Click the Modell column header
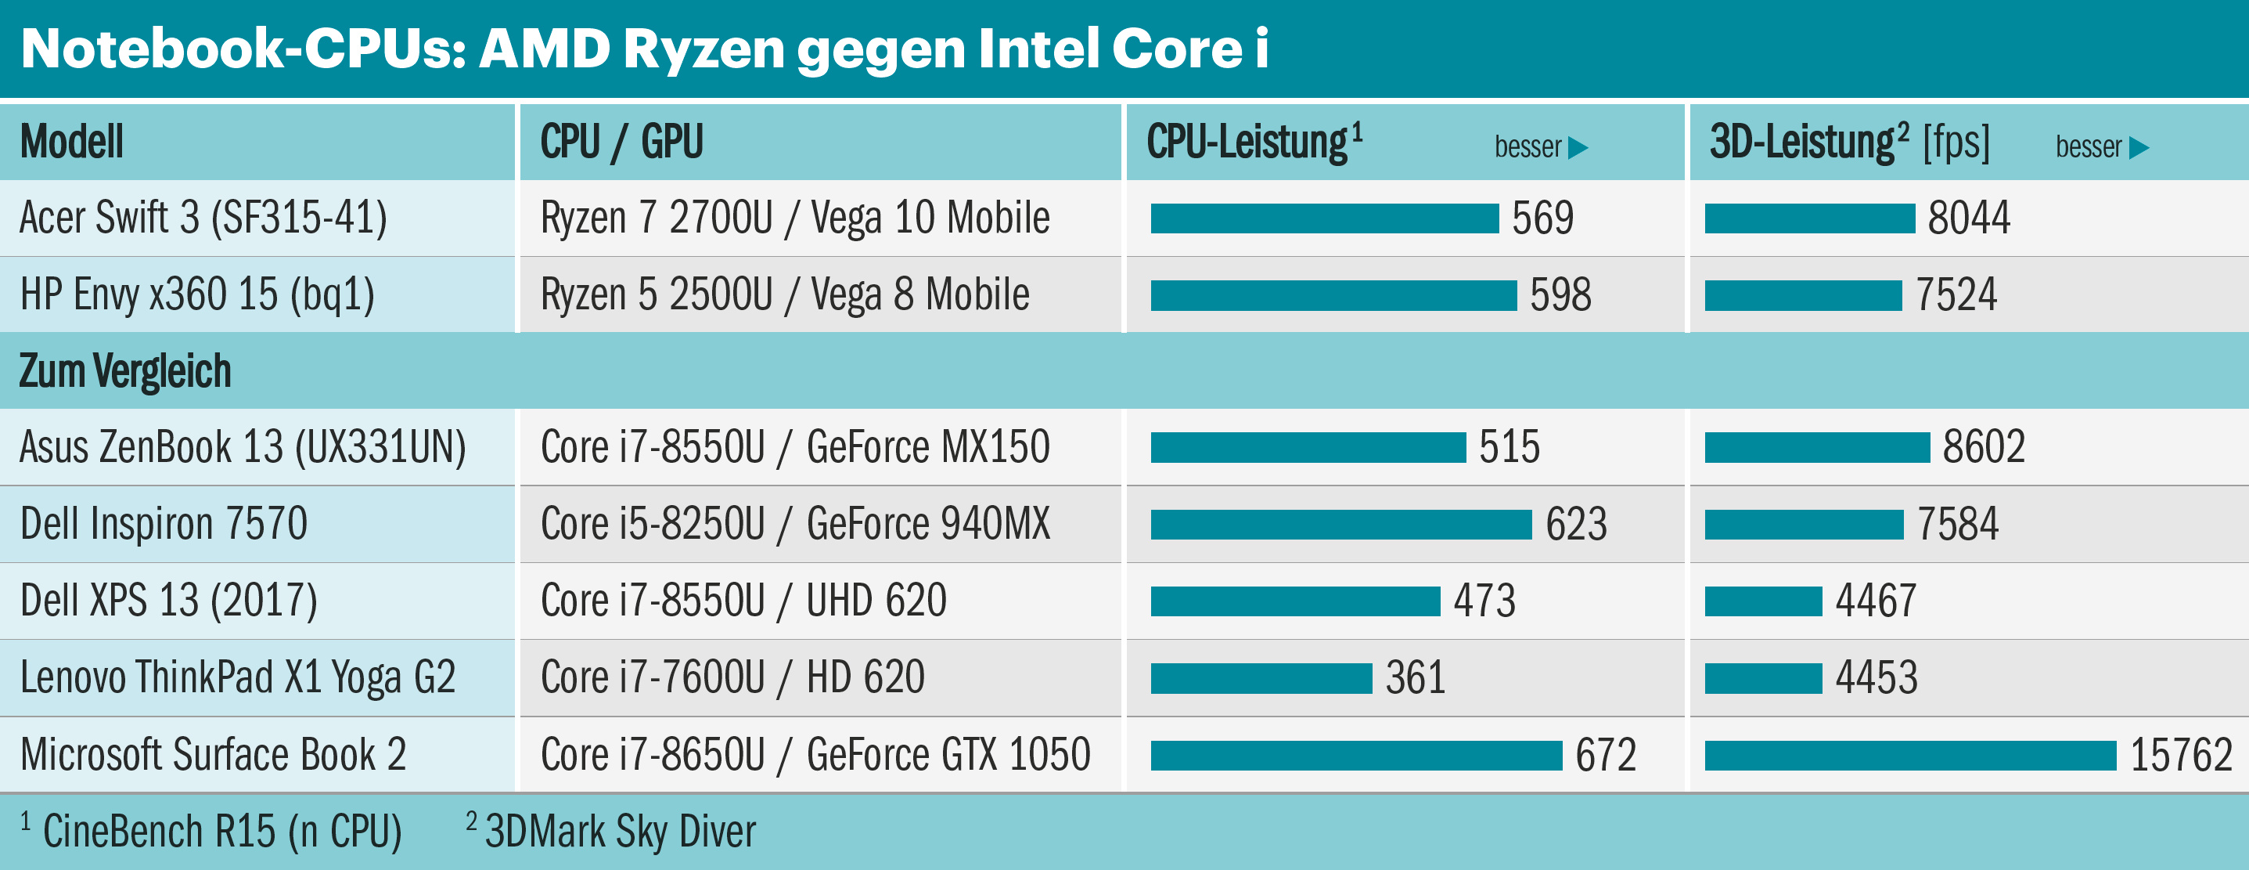[x=71, y=143]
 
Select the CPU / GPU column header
[x=621, y=143]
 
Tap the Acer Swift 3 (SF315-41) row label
[x=203, y=218]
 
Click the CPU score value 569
[x=1542, y=218]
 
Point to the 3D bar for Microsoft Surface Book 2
[x=1910, y=756]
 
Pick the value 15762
[x=2181, y=756]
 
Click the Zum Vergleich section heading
[x=125, y=371]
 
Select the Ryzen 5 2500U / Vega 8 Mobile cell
[x=785, y=295]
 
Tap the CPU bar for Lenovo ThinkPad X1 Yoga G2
[x=1261, y=679]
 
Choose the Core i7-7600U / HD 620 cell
[x=732, y=679]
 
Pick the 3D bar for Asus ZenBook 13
[x=1817, y=448]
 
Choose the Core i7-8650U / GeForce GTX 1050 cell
[x=815, y=756]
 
